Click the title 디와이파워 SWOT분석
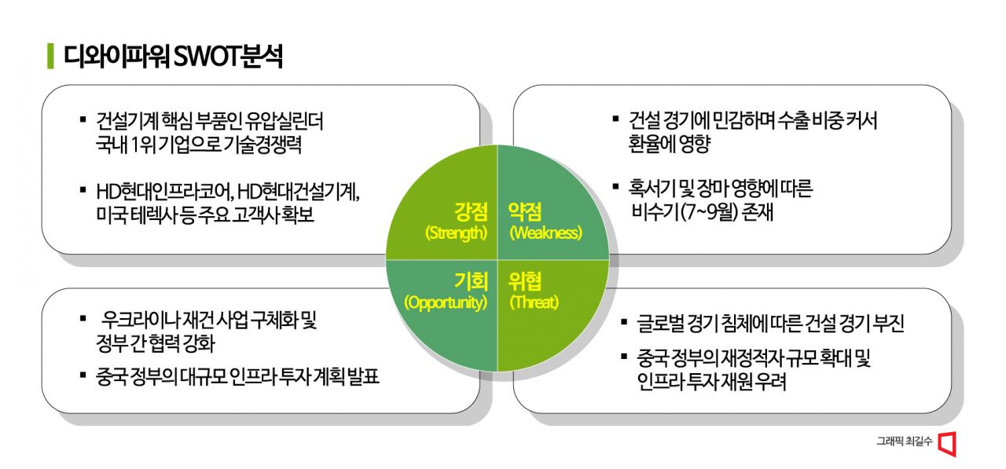172,57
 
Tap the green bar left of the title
50,57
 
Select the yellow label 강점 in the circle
470,211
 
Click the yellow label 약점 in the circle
525,211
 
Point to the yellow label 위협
525,280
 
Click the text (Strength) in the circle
456,233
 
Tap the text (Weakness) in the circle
545,233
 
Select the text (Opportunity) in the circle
446,303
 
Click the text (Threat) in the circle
534,303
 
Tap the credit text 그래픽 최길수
904,443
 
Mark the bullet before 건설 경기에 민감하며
615,119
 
